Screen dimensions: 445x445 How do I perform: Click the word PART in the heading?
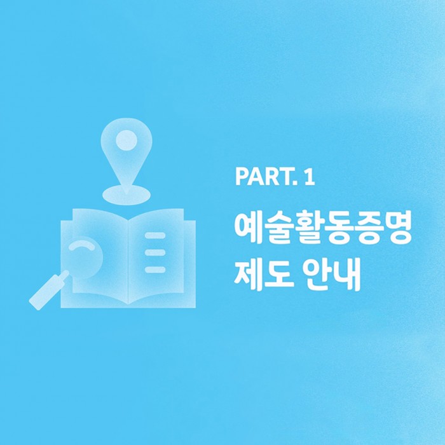click(x=264, y=177)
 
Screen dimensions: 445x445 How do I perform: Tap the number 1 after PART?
click(x=310, y=177)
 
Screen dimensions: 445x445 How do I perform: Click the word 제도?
click(x=264, y=274)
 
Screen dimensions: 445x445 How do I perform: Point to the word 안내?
click(x=331, y=274)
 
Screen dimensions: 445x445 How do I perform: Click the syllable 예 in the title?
click(x=249, y=228)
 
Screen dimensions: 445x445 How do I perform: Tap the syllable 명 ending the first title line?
click(x=397, y=228)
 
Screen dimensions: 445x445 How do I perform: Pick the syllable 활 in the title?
click(x=308, y=228)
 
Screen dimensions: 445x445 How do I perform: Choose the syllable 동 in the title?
click(x=338, y=228)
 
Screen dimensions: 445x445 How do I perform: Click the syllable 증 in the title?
click(x=367, y=228)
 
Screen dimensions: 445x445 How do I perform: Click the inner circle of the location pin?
click(x=127, y=140)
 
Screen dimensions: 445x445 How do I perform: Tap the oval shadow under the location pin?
click(x=127, y=195)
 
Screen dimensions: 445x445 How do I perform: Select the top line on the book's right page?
click(x=155, y=235)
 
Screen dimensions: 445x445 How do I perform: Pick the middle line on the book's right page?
click(x=155, y=252)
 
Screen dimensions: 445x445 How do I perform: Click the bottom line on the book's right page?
click(x=155, y=270)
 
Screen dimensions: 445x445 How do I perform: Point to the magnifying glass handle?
click(x=49, y=291)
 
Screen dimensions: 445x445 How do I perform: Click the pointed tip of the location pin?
click(x=127, y=193)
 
